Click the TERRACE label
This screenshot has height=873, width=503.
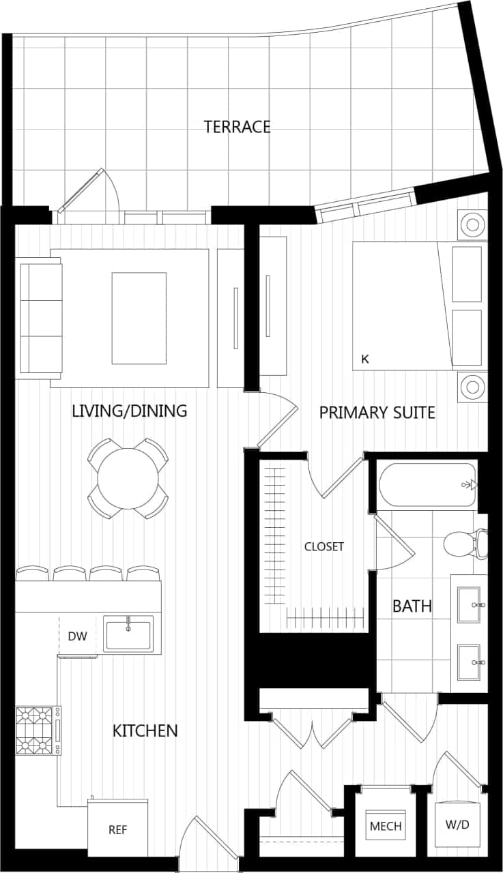[x=237, y=127]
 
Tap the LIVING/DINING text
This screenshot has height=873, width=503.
[x=129, y=411]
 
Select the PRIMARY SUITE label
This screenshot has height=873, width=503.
[x=377, y=413]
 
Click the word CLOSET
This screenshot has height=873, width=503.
[x=324, y=546]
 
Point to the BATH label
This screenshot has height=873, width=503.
[x=412, y=606]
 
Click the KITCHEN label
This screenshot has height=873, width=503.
[x=145, y=731]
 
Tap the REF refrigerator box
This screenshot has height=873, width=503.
[x=118, y=830]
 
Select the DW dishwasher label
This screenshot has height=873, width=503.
[x=77, y=636]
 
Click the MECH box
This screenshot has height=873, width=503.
[x=386, y=826]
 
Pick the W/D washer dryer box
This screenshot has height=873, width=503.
[x=457, y=825]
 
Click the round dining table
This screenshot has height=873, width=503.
[x=128, y=478]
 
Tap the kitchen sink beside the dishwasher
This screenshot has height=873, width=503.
[x=128, y=634]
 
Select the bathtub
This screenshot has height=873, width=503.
[x=427, y=485]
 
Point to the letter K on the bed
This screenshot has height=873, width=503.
[x=365, y=359]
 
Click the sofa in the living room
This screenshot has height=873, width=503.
[x=41, y=318]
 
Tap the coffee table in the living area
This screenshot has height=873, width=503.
[x=139, y=318]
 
